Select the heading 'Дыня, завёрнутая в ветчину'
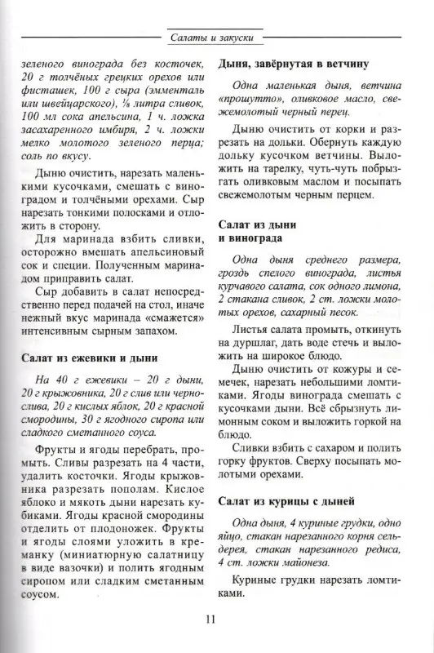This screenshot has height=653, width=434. tap(295, 63)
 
